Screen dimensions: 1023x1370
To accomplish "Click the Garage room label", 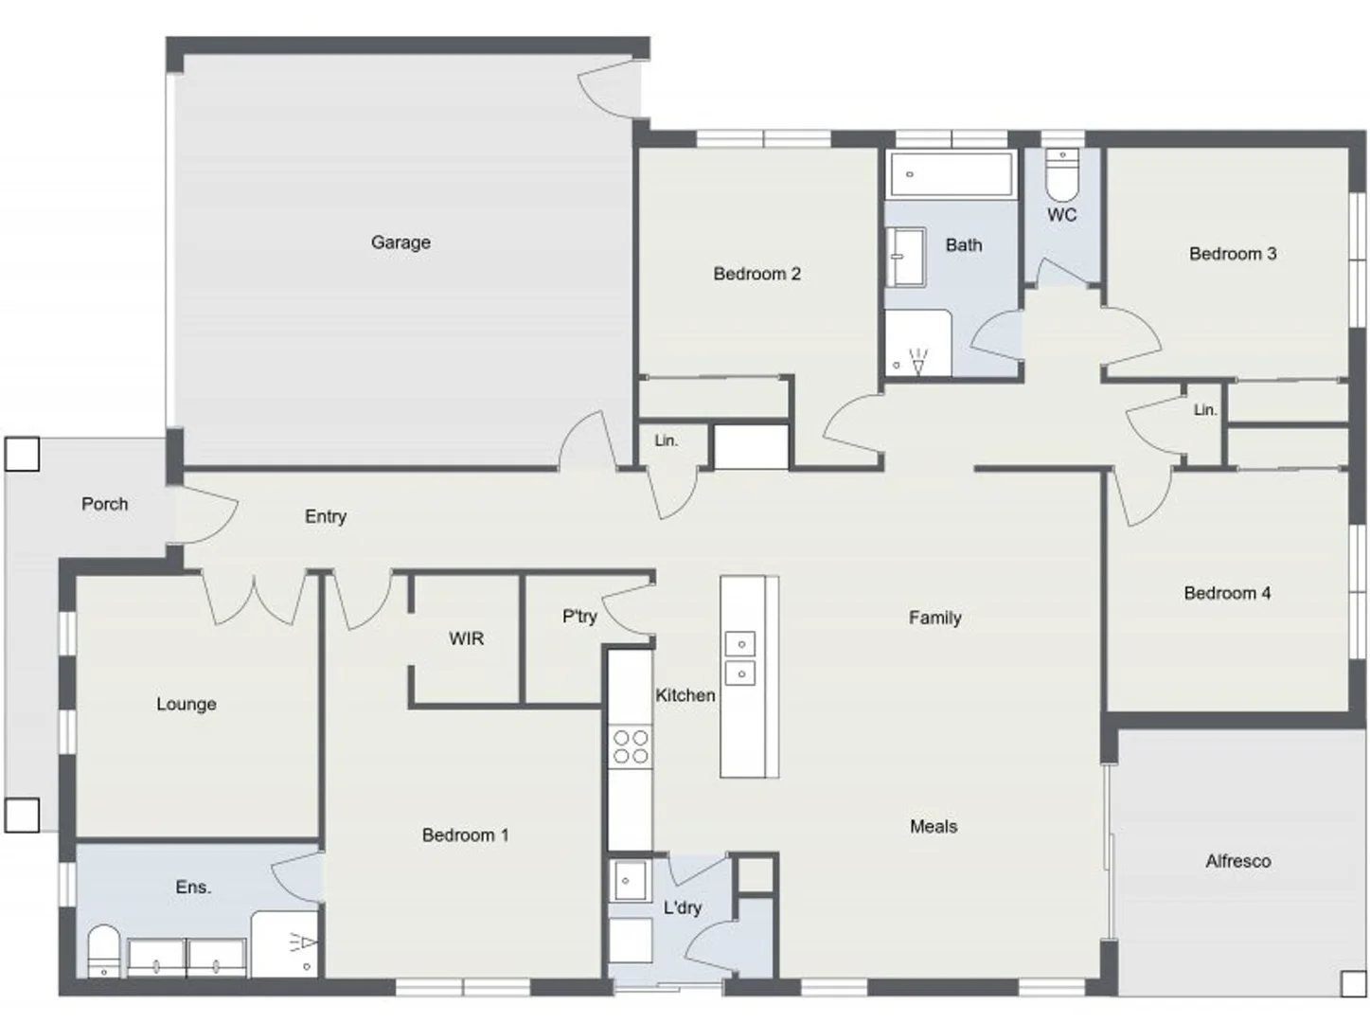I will tap(400, 242).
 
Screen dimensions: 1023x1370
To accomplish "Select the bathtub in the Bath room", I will tap(950, 174).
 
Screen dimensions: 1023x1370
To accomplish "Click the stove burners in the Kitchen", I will tap(630, 746).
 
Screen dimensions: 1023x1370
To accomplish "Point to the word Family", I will tap(934, 618).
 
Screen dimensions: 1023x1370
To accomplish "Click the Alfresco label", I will tap(1237, 861).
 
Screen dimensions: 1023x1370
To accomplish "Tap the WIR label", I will tap(466, 638).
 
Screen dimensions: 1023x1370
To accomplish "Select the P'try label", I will tap(579, 617).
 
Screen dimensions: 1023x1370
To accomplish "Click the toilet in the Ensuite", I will tap(103, 950).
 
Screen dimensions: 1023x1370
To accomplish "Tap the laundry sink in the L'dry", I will tap(628, 881).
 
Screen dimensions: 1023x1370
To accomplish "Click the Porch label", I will tap(104, 504).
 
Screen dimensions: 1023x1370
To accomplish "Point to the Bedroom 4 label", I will tap(1227, 593).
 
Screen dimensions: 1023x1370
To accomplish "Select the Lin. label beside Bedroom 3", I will tap(1204, 410).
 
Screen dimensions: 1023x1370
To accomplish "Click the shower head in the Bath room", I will tap(917, 361).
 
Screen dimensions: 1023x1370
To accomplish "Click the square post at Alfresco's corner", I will tap(1353, 983).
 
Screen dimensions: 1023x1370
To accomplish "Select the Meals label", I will tap(934, 826).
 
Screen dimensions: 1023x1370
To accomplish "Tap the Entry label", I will tap(325, 516).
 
